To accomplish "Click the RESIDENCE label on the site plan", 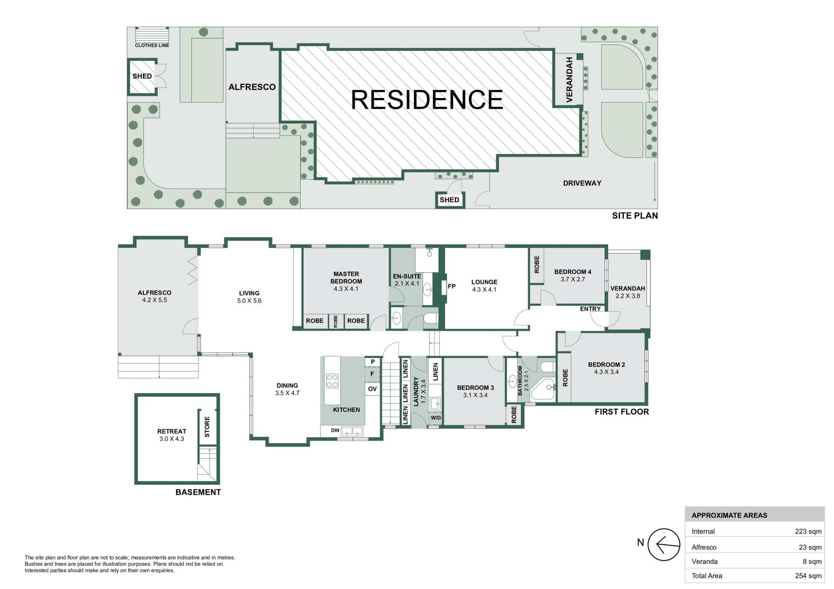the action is pos(427,99).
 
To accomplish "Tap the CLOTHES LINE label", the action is pos(152,45).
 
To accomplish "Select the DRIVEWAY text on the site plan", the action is pos(582,183).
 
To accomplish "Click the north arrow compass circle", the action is pos(664,544).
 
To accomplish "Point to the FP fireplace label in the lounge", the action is pos(452,286).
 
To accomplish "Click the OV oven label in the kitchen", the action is pos(372,389).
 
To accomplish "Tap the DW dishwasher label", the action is pos(335,431).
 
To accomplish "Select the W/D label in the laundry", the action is pos(436,418).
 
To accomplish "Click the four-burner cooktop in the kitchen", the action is pos(332,381).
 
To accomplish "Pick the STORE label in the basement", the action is pos(207,427).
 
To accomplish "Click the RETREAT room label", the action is pos(172,431).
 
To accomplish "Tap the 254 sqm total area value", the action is pos(808,576).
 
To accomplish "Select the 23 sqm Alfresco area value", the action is pos(810,547).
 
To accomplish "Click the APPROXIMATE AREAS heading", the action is pos(729,516).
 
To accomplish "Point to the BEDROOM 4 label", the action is pos(573,272).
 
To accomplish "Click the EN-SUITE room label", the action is pos(407,276).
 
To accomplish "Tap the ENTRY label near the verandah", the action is pos(590,309).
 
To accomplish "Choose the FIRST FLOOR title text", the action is pos(622,412).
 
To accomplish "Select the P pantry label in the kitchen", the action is pos(373,362).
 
